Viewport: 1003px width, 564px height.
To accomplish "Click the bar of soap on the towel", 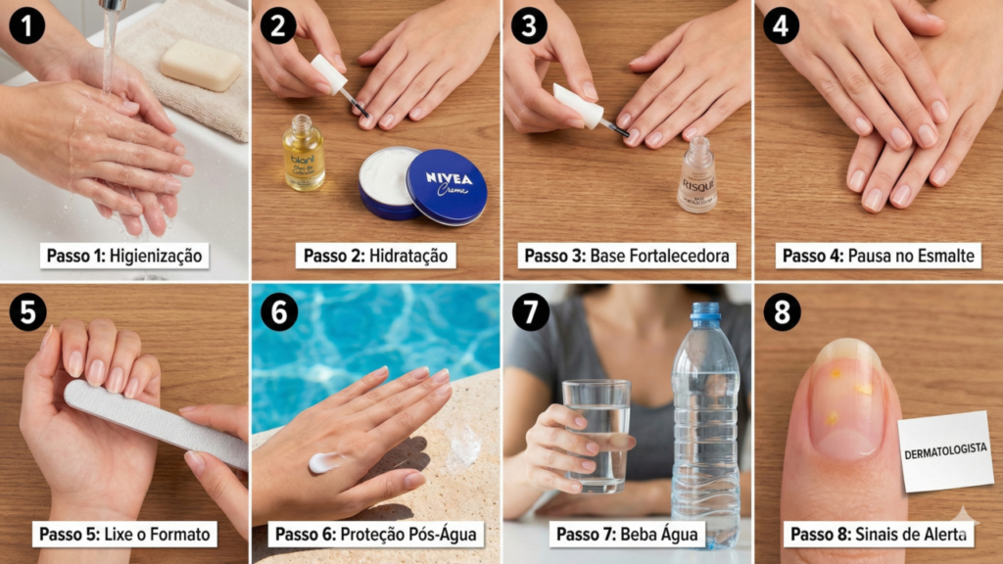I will coord(201,65).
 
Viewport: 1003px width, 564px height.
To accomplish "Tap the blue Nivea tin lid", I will coord(447,186).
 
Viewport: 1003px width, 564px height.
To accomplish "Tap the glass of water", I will coord(597,435).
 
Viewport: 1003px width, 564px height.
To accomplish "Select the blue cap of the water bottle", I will coord(704,314).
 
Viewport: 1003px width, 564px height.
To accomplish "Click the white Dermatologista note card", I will coord(945,450).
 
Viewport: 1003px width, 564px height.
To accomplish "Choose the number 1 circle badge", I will coord(27,24).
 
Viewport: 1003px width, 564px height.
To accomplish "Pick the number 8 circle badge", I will coord(782,312).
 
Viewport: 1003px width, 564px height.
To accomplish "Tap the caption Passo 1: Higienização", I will coord(125,257).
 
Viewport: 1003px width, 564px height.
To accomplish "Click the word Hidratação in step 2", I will coord(408,257).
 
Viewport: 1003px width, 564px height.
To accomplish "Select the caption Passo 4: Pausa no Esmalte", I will coord(879,257).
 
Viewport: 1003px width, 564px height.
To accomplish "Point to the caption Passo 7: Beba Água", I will coord(627,534).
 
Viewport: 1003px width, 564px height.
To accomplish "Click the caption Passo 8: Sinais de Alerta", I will coord(879,534).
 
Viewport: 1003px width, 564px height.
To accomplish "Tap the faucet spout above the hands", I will coord(113,6).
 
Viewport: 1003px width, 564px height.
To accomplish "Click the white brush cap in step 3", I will coord(577,106).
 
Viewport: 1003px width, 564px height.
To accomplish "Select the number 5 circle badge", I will coord(27,312).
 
